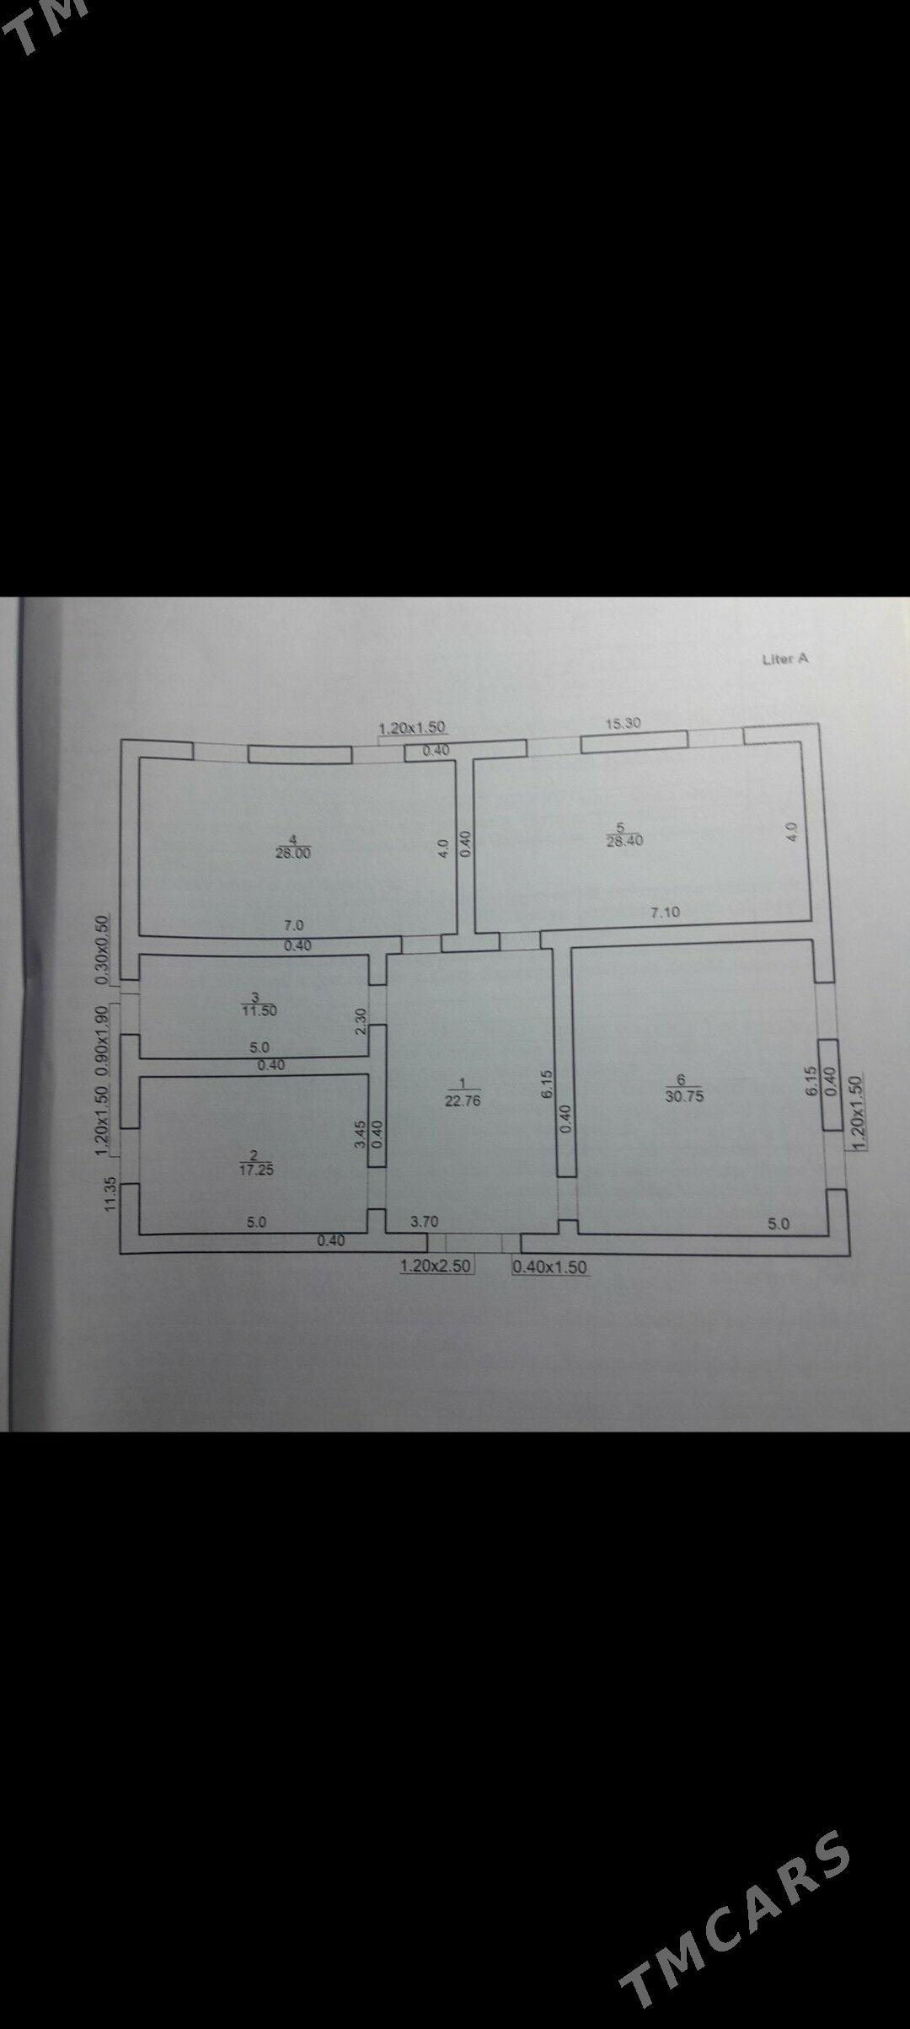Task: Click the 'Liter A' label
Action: pos(784,660)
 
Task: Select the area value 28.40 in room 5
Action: pos(624,840)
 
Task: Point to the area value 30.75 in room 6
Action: pos(683,1097)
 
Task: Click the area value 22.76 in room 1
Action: pos(462,1100)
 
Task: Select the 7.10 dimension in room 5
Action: pos(665,911)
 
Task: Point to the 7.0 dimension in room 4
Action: pos(293,925)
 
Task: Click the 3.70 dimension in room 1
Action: pos(426,1220)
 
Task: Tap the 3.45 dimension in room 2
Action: pos(360,1134)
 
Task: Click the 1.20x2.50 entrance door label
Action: pos(437,1266)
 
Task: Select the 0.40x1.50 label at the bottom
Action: pos(550,1266)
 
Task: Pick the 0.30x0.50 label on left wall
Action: pos(104,950)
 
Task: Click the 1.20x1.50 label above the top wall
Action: pos(412,727)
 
